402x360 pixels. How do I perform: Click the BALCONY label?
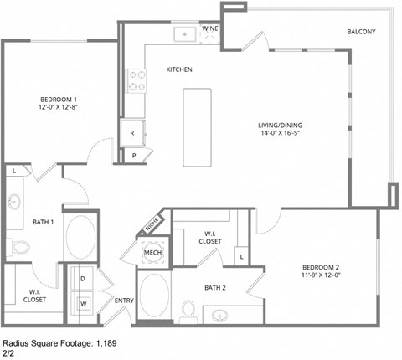tap(361, 32)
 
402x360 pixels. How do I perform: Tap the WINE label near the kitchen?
tap(209, 28)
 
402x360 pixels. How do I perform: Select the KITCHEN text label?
tap(180, 69)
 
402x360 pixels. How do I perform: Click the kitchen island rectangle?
tap(196, 126)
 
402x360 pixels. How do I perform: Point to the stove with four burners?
tap(136, 80)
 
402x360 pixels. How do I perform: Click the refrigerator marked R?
tap(132, 132)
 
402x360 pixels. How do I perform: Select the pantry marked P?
tap(134, 155)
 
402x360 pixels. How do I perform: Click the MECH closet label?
tap(152, 252)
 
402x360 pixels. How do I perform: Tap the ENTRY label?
tap(124, 301)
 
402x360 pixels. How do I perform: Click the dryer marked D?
tap(84, 278)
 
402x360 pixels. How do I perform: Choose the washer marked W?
tap(84, 302)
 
